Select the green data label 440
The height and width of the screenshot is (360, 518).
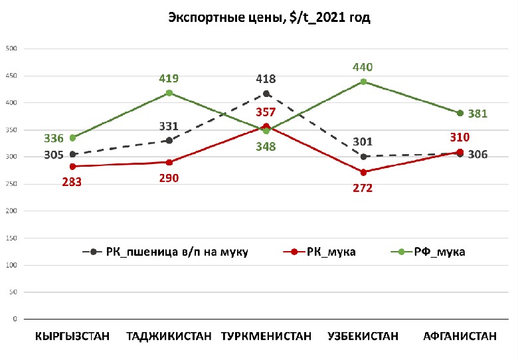pos(363,67)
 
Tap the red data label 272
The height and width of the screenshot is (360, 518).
pos(363,188)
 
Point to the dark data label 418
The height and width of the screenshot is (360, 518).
pos(266,79)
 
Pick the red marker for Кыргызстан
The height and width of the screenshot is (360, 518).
pos(72,166)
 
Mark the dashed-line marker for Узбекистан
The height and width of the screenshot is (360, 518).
pos(363,157)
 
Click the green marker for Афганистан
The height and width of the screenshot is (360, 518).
pos(460,113)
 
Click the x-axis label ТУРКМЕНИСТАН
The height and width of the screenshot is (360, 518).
pos(266,337)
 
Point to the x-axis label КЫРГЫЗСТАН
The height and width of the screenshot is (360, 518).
pos(72,337)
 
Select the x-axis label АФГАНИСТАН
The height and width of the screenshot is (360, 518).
pos(460,337)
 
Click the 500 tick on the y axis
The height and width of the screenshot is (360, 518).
pos(11,48)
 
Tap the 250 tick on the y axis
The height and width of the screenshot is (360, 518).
pos(11,184)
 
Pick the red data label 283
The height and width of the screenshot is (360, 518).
pos(72,181)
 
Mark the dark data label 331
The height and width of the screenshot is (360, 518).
pos(169,126)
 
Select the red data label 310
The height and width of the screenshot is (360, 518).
pos(460,137)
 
